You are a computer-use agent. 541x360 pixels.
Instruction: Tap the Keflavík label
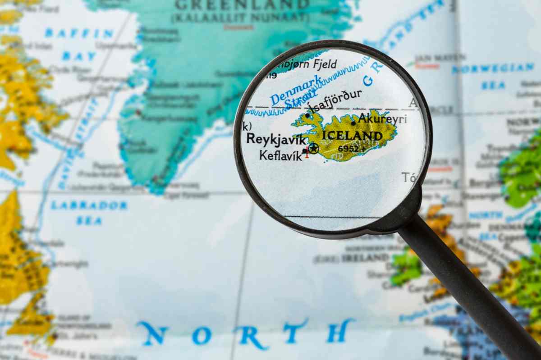click(280, 155)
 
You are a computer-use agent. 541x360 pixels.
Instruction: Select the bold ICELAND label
click(352, 136)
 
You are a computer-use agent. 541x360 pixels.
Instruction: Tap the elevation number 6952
click(348, 148)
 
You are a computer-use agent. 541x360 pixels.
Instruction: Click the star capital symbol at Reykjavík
click(313, 148)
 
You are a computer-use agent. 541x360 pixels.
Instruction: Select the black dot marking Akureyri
click(353, 123)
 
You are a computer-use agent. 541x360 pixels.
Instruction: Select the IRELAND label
click(365, 258)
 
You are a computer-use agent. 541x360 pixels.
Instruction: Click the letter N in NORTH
click(153, 333)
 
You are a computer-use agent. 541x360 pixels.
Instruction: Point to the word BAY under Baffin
click(79, 56)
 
